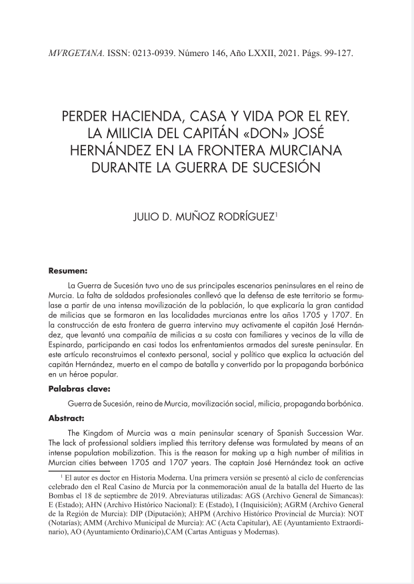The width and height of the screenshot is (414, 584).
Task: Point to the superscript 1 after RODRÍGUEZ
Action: click(276, 214)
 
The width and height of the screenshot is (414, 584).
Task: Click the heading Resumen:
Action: click(68, 272)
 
